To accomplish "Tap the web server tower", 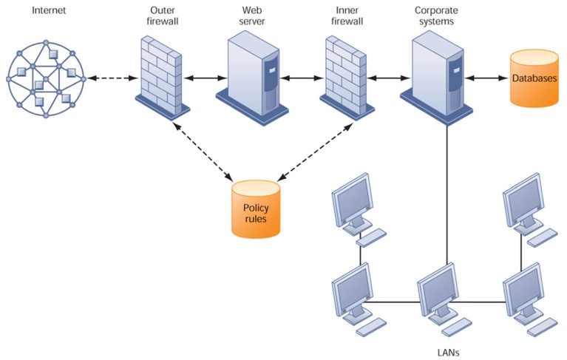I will [252, 72].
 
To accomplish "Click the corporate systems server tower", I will [437, 72].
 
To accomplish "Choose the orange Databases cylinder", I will [534, 78].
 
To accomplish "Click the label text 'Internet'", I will [49, 10].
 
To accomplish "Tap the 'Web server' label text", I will [252, 16].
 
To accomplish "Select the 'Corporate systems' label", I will [437, 16].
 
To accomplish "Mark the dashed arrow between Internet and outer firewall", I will [110, 78].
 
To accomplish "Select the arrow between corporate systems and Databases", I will [489, 78].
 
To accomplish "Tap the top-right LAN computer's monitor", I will [523, 197].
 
